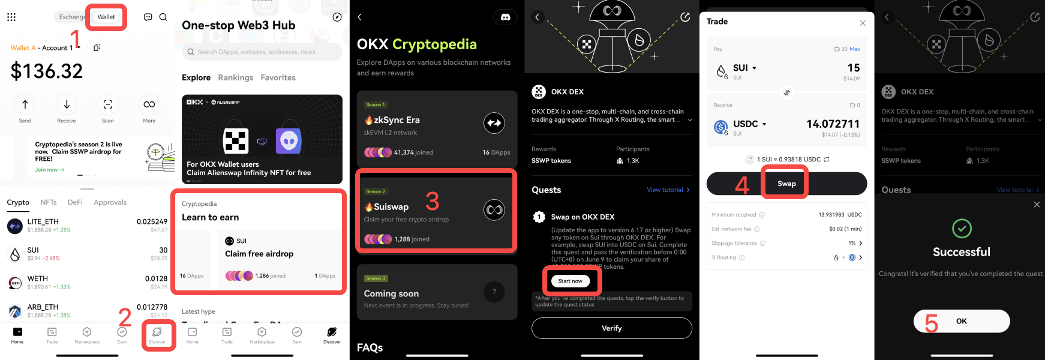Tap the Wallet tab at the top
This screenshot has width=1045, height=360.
click(x=106, y=17)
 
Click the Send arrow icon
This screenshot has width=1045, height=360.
click(x=25, y=104)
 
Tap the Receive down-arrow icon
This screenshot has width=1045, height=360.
click(x=67, y=104)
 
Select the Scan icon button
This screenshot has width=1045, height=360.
click(x=108, y=104)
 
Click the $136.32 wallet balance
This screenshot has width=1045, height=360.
click(x=47, y=71)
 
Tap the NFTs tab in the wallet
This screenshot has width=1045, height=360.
click(x=49, y=203)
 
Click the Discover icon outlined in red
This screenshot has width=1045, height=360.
click(x=157, y=334)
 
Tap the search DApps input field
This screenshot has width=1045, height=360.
click(x=262, y=52)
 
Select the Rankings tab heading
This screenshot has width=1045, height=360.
click(x=235, y=78)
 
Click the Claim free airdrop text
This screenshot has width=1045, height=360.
click(x=259, y=254)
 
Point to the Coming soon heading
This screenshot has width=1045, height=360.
click(x=391, y=293)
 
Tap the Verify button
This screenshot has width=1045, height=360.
click(x=611, y=328)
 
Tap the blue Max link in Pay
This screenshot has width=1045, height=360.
click(x=855, y=49)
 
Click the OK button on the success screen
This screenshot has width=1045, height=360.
click(x=961, y=321)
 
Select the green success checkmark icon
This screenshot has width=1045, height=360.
click(x=962, y=229)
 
